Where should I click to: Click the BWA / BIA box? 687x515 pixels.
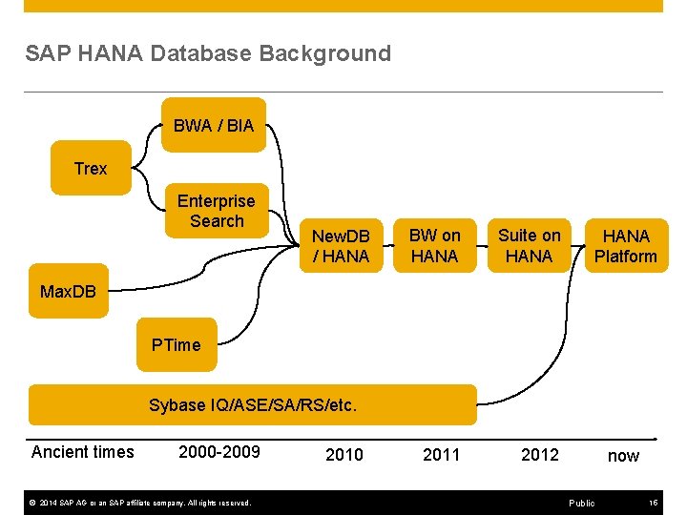point(214,125)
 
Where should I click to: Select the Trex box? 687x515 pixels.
point(91,169)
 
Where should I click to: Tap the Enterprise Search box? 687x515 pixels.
point(217,211)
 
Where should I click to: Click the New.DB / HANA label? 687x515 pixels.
point(341,246)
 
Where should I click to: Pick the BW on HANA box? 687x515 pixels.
point(434,246)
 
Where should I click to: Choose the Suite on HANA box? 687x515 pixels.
point(530,246)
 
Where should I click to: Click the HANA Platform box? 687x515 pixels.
point(626,246)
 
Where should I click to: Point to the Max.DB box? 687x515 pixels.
point(69,291)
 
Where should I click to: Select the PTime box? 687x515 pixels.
point(177,345)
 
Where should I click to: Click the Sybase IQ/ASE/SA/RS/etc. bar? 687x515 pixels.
point(253,405)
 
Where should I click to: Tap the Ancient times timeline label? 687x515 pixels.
point(83,452)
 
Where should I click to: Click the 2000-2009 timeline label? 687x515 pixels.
point(219,452)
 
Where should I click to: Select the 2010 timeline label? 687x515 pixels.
point(344,455)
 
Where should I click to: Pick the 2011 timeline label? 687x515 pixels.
point(442,455)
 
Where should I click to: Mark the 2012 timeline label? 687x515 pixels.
point(540,455)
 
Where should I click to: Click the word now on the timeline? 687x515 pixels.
point(624,456)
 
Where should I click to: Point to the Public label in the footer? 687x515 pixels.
point(581,503)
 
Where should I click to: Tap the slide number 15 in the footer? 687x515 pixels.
point(653,503)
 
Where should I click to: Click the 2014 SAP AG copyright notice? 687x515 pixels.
point(138,503)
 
